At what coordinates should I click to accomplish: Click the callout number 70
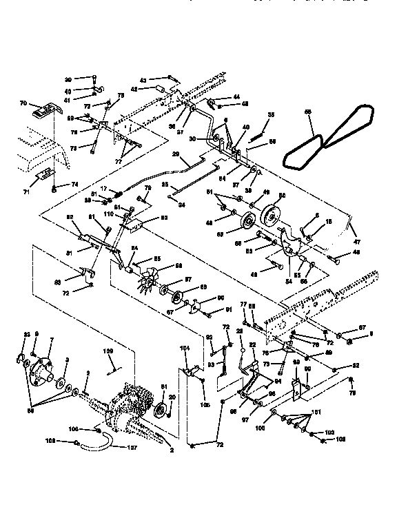[x=23, y=104]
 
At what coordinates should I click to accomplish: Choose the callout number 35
[x=271, y=114]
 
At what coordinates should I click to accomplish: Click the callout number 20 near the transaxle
[x=172, y=397]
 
